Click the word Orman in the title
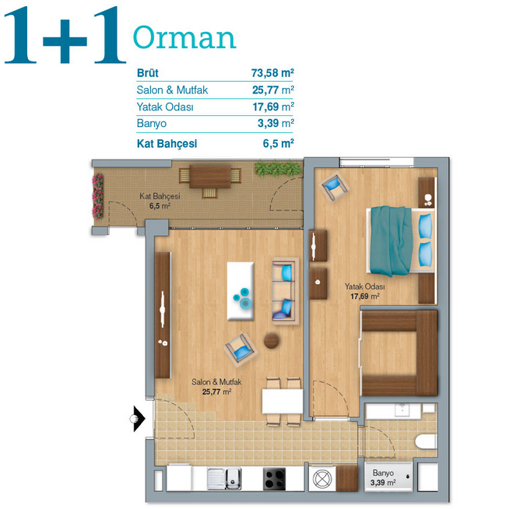[x=184, y=37]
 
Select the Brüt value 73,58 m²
[x=272, y=72]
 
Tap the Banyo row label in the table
[x=152, y=124]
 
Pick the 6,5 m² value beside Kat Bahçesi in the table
[x=278, y=143]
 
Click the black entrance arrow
[x=139, y=419]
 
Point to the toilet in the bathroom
[x=426, y=441]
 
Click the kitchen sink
[x=224, y=479]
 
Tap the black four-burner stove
[x=274, y=479]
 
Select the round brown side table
[x=272, y=341]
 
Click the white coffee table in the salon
[x=240, y=291]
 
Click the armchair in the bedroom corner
[x=334, y=186]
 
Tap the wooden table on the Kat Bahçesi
[x=210, y=177]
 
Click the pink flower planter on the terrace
[x=98, y=196]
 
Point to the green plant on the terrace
[x=278, y=168]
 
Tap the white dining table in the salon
[x=283, y=402]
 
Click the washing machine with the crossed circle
[x=322, y=479]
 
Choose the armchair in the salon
[x=240, y=349]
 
